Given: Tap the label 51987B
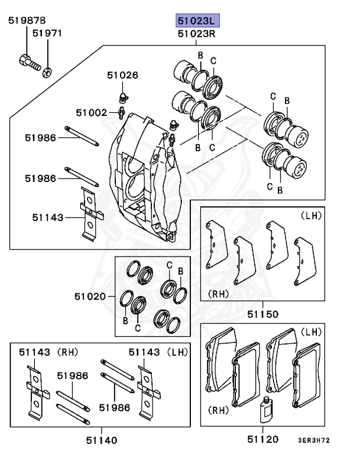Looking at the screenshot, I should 27,21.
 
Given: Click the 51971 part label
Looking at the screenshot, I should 47,34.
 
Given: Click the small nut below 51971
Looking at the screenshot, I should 48,71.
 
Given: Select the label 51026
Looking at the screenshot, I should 122,75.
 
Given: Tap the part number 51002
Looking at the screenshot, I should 91,112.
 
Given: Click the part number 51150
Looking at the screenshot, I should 263,314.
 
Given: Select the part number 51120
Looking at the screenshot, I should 263,440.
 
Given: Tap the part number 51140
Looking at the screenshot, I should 101,440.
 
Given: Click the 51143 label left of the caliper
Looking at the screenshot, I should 48,218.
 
